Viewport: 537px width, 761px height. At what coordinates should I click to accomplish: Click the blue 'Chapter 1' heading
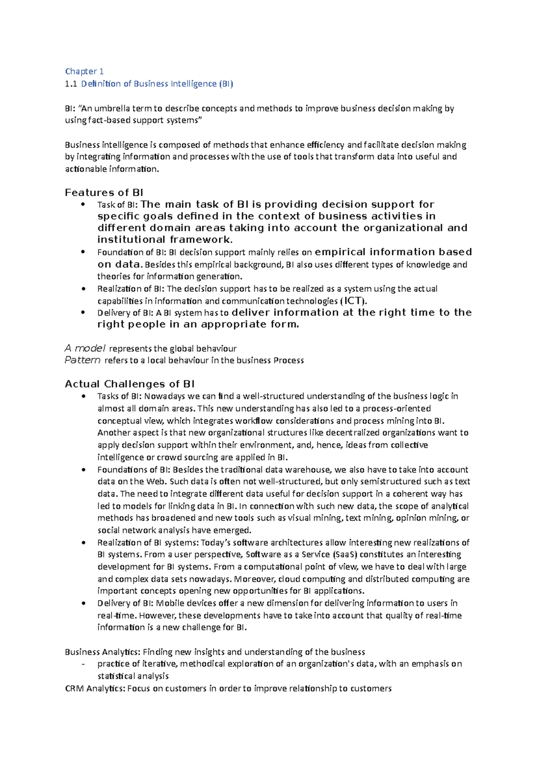click(x=84, y=71)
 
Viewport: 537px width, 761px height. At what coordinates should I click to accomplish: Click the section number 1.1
click(x=71, y=84)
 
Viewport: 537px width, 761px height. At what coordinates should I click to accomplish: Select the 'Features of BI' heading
click(x=104, y=193)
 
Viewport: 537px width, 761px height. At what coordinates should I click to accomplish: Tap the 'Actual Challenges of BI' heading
click(x=129, y=384)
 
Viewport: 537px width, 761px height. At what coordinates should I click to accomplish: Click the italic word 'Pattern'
click(x=82, y=360)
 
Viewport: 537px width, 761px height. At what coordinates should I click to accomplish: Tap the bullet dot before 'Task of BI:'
click(x=83, y=205)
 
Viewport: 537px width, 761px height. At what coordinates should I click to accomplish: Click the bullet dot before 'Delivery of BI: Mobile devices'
click(x=83, y=603)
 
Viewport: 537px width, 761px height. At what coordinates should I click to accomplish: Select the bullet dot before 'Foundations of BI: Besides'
click(x=83, y=470)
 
